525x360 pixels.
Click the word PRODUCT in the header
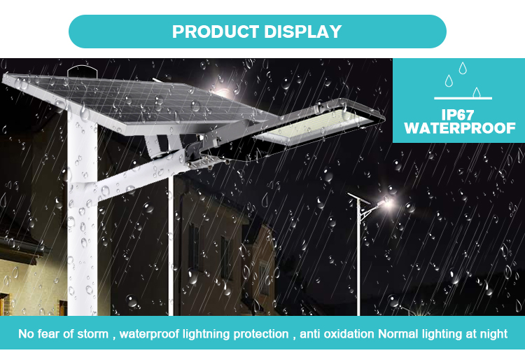[x=216, y=32]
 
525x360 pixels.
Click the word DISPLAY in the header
[x=302, y=32]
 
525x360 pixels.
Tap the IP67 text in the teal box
[x=458, y=115]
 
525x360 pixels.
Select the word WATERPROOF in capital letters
[x=460, y=128]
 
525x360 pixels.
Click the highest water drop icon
[x=463, y=68]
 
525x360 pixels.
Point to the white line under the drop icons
[x=463, y=99]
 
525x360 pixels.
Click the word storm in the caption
[x=92, y=334]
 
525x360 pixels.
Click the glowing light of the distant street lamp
[x=386, y=202]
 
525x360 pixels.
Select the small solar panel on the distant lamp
[x=358, y=198]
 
